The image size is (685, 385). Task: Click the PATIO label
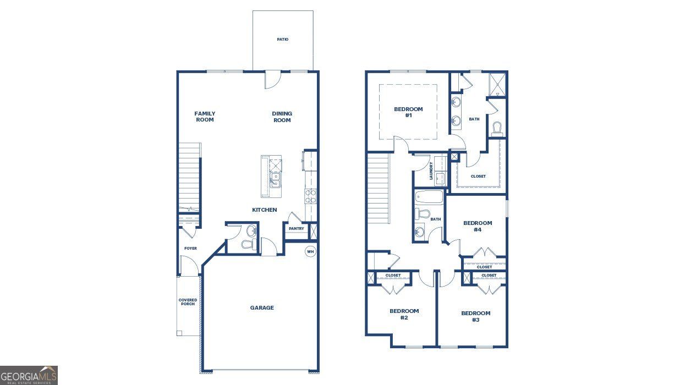(283, 40)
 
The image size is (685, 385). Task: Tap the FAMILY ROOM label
(205, 117)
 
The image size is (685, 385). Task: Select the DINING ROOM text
(282, 117)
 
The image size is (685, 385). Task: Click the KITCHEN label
(264, 210)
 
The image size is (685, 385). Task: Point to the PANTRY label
(296, 229)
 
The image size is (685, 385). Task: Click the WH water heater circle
(310, 252)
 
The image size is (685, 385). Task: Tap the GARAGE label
(262, 308)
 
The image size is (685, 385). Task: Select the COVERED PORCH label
(188, 302)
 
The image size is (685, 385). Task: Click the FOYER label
(190, 249)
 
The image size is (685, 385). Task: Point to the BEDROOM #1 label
(408, 112)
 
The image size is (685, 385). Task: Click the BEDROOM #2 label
(404, 315)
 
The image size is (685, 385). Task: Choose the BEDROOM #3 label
(475, 316)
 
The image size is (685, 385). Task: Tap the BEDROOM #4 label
(478, 226)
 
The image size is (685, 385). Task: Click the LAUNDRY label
(431, 170)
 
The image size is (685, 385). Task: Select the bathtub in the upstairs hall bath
(429, 197)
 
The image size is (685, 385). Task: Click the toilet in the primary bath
(497, 129)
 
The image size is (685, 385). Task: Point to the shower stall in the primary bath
(497, 84)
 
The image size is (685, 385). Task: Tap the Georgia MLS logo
(29, 375)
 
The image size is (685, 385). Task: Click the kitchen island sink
(274, 180)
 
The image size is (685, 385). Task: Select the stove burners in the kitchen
(310, 196)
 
